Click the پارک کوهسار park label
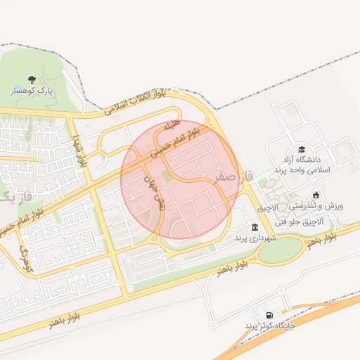coord(32,91)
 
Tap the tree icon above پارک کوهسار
coord(32,80)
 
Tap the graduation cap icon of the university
coord(302,150)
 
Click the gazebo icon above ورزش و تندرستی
coord(316,195)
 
